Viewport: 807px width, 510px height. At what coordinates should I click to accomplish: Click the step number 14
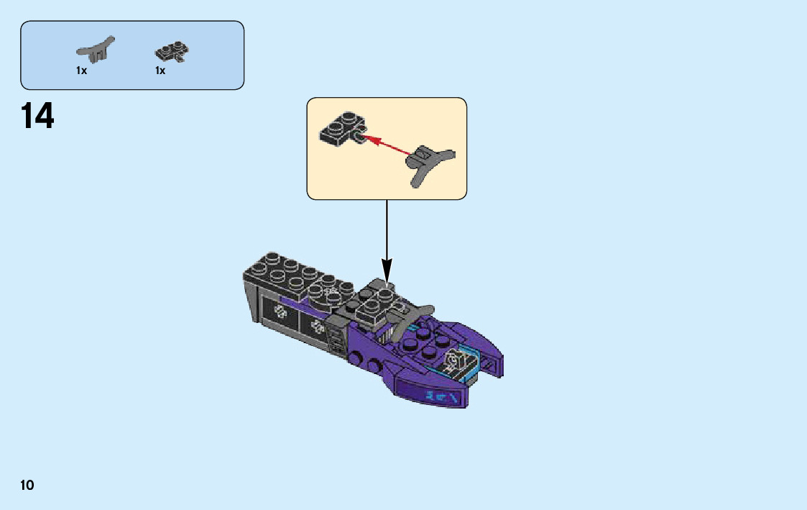pos(37,117)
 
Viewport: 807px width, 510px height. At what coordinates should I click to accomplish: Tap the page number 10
pos(27,485)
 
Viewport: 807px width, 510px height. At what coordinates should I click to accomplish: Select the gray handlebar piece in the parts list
pos(95,50)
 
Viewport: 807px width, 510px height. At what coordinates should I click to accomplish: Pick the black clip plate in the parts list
pos(172,52)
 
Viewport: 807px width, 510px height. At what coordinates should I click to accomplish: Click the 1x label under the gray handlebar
pos(81,70)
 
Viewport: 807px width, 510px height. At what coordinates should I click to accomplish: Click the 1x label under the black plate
pos(160,70)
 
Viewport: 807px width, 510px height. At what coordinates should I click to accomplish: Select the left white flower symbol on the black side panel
pos(280,314)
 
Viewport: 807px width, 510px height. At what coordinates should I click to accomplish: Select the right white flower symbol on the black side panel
pos(317,327)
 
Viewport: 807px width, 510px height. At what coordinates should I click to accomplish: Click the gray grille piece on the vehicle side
pos(336,338)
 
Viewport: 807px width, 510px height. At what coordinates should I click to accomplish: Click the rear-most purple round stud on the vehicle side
pos(357,352)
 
